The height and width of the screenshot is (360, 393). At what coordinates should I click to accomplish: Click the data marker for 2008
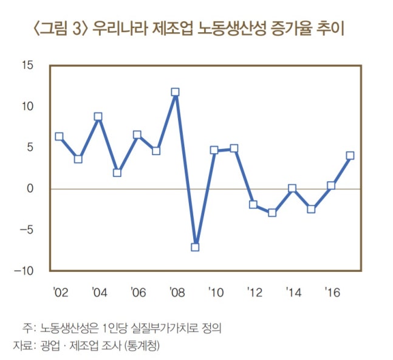click(x=175, y=92)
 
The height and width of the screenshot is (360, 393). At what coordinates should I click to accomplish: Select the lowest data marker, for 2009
click(x=195, y=247)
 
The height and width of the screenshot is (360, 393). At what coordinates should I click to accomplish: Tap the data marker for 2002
click(x=59, y=137)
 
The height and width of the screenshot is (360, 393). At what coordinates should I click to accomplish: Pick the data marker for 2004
click(x=98, y=117)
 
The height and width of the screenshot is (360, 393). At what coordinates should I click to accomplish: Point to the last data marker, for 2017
click(x=350, y=156)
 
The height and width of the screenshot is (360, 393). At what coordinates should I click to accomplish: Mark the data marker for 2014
click(x=292, y=189)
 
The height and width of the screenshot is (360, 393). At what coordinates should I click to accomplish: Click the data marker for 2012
click(x=253, y=204)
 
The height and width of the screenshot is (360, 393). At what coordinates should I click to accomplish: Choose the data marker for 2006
click(x=137, y=135)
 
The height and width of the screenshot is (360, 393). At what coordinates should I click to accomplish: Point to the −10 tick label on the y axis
click(x=26, y=271)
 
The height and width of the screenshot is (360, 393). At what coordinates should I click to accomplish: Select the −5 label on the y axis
click(x=29, y=230)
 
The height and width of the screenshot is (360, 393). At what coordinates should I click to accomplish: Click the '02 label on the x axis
click(x=60, y=291)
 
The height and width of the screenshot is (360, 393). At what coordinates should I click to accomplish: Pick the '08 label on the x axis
click(x=176, y=291)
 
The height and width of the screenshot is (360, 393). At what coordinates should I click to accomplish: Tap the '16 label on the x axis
click(x=332, y=291)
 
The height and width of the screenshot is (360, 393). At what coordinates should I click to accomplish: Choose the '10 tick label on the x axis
click(x=215, y=291)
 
